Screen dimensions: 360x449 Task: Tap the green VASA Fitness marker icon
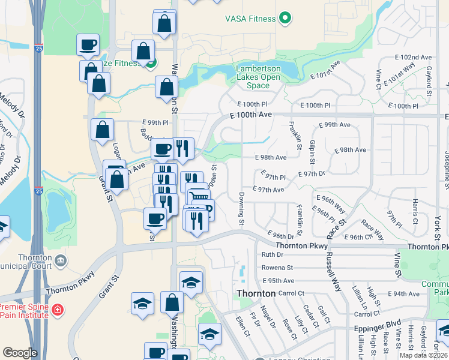coord(285,19)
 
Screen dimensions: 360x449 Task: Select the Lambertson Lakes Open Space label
coord(258,77)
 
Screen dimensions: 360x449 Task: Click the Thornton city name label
coord(256,293)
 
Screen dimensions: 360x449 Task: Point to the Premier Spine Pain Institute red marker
coord(57,311)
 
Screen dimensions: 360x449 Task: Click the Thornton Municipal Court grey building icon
coord(61,261)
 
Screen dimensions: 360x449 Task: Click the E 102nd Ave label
coord(414,57)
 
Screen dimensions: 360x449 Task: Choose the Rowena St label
coord(277,268)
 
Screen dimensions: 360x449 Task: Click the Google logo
coord(20,353)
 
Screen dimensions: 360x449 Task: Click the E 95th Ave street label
coord(279,281)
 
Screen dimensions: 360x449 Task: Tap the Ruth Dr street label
coord(272,255)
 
